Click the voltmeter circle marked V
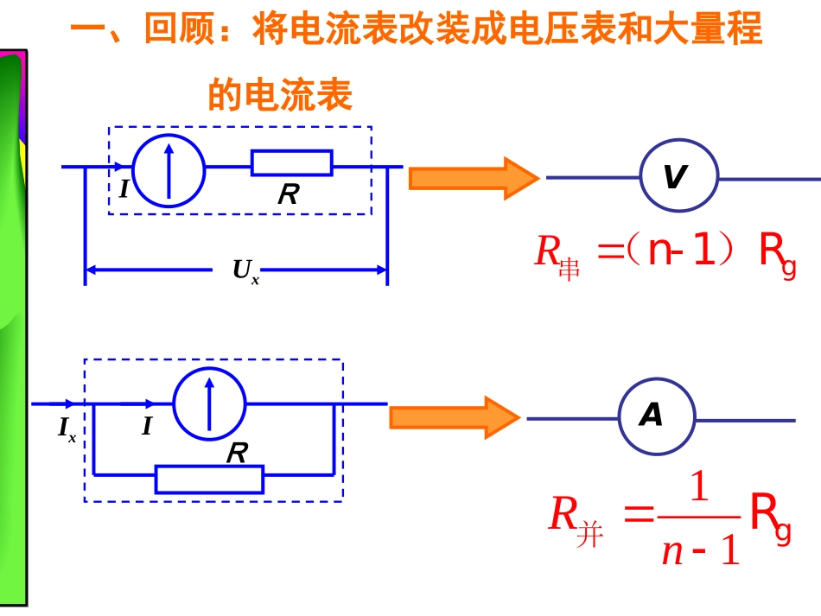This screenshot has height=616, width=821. point(678,177)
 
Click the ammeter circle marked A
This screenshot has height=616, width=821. point(657,418)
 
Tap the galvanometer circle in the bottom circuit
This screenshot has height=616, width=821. point(209,403)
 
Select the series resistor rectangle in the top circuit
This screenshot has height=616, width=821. point(291,162)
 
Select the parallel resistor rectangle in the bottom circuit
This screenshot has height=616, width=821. point(209,479)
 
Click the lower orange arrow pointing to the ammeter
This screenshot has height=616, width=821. point(455,417)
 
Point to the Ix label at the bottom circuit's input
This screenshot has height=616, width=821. point(67,429)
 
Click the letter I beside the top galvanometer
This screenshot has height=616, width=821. point(124,187)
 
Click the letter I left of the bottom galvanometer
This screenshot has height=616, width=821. point(147,426)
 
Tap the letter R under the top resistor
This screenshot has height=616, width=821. point(287,195)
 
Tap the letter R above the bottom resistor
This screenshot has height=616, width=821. point(236,453)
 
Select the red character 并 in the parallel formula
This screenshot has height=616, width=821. point(590,537)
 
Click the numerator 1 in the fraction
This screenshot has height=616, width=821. point(699,490)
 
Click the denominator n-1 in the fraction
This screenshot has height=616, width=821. point(700,549)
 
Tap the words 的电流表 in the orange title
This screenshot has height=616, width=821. point(280,95)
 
